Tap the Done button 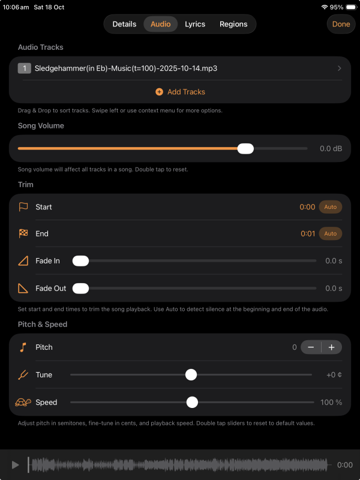pyautogui.click(x=341, y=24)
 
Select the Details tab pyautogui.click(x=124, y=24)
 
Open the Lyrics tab pyautogui.click(x=195, y=24)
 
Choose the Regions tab pyautogui.click(x=233, y=24)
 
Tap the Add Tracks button pyautogui.click(x=181, y=92)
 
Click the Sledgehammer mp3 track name pyautogui.click(x=126, y=68)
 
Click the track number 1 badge pyautogui.click(x=25, y=68)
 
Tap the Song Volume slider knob pyautogui.click(x=245, y=149)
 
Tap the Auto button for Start pyautogui.click(x=331, y=207)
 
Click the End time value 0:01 pyautogui.click(x=308, y=234)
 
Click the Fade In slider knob pyautogui.click(x=80, y=261)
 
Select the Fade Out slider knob pyautogui.click(x=80, y=289)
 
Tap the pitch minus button pyautogui.click(x=311, y=347)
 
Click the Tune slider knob pyautogui.click(x=191, y=374)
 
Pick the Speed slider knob pyautogui.click(x=192, y=402)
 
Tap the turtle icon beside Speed pyautogui.click(x=23, y=402)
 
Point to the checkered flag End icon pyautogui.click(x=23, y=234)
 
